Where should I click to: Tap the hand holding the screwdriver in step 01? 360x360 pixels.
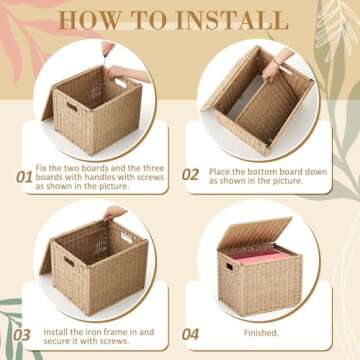107,48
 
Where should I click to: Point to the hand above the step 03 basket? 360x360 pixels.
115,211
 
